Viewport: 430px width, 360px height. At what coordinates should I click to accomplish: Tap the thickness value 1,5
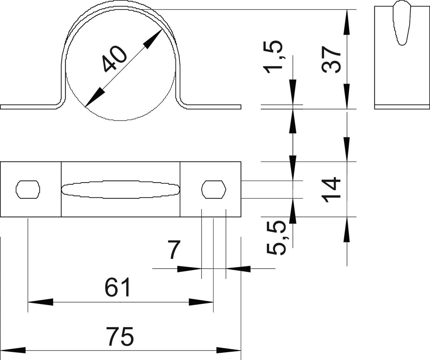(273, 57)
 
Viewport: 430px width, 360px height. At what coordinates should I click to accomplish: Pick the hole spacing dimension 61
(118, 287)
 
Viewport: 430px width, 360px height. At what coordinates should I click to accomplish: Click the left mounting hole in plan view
(28, 190)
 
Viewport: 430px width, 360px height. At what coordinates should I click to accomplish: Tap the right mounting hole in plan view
(214, 190)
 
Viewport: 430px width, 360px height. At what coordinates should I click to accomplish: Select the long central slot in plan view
(121, 190)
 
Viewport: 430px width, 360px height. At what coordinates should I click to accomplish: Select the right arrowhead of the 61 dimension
(201, 302)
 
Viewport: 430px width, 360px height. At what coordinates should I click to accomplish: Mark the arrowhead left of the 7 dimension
(189, 269)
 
